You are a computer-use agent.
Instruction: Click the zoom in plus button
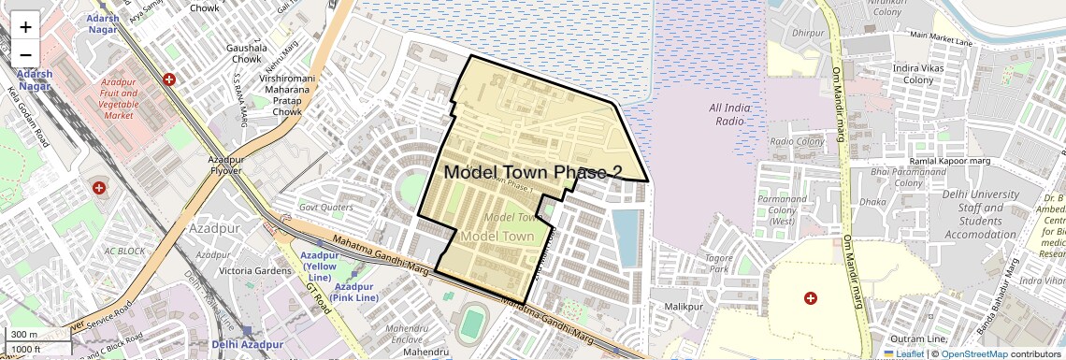pyautogui.click(x=25, y=27)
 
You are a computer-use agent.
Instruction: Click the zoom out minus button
pyautogui.click(x=25, y=54)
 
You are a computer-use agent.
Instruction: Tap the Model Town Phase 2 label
pyautogui.click(x=533, y=172)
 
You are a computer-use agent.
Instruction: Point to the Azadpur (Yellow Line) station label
pyautogui.click(x=320, y=266)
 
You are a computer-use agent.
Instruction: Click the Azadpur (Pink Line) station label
pyautogui.click(x=355, y=292)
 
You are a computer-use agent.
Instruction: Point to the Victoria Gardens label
pyautogui.click(x=243, y=270)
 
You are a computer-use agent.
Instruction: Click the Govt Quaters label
pyautogui.click(x=326, y=207)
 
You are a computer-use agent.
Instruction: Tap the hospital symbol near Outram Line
pyautogui.click(x=811, y=297)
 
